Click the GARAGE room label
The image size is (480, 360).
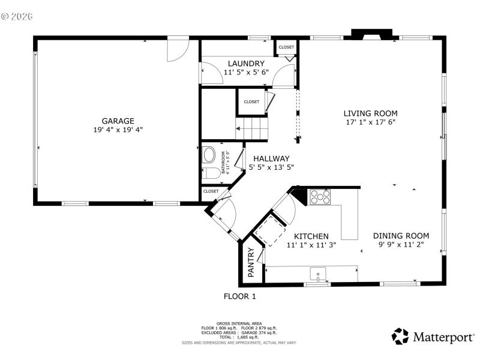[x=118, y=120]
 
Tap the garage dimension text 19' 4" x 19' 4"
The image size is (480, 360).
[x=118, y=129]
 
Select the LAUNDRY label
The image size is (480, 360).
[x=246, y=63]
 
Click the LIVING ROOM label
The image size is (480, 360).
[x=370, y=113]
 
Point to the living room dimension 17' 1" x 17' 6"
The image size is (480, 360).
[x=370, y=122]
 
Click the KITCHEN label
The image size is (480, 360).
[x=311, y=236]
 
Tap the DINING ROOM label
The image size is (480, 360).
[x=401, y=236]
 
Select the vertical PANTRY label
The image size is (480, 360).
[x=251, y=262]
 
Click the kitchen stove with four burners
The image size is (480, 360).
[x=320, y=197]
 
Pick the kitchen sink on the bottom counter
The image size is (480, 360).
[x=317, y=275]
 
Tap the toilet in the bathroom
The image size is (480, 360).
[x=211, y=175]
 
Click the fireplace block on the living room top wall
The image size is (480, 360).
[x=371, y=34]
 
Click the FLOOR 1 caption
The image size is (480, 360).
[x=239, y=296]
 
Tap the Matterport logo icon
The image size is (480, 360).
[x=400, y=336]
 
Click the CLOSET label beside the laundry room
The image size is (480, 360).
[x=286, y=47]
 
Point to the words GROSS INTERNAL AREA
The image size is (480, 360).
[x=239, y=323]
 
